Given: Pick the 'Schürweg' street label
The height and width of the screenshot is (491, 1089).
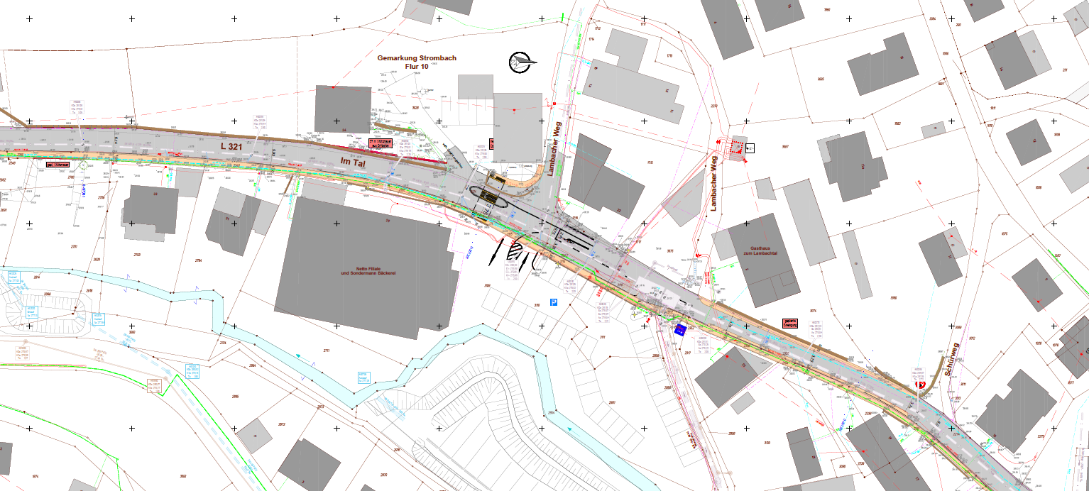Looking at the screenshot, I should tap(952, 363).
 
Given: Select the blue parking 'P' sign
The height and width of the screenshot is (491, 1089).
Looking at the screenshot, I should tap(554, 302).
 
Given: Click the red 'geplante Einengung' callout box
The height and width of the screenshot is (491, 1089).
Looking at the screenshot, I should tap(791, 324).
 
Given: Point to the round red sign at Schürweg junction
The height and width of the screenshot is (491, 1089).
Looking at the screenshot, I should tap(922, 385).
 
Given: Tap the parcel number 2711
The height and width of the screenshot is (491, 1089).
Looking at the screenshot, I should tap(326, 351).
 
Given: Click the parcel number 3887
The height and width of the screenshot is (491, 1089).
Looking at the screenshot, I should tap(785, 147).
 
